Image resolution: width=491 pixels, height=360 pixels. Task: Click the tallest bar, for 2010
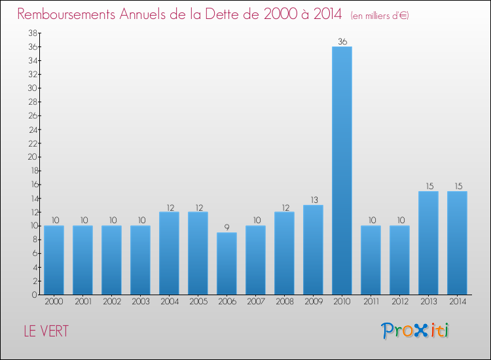(x=342, y=170)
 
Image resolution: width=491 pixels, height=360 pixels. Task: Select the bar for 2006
(x=227, y=263)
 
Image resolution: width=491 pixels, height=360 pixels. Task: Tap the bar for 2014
(x=457, y=242)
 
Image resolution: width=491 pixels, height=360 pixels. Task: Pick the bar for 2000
(x=54, y=260)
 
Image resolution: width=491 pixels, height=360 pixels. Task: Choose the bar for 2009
(x=313, y=249)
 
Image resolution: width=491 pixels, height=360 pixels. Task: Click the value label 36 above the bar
(x=342, y=41)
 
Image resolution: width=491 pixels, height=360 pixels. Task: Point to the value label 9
(x=227, y=227)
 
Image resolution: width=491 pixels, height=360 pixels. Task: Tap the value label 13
(x=313, y=200)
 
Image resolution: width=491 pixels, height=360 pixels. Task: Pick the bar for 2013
(x=428, y=242)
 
